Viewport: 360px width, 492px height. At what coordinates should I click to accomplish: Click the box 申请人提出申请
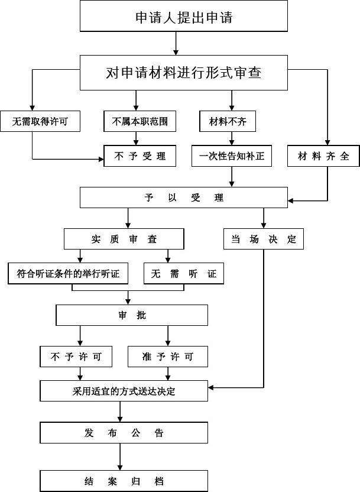tap(183, 17)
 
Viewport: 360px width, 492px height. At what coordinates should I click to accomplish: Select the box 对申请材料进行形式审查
tap(183, 73)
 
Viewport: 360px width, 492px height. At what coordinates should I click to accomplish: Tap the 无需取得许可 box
tap(40, 122)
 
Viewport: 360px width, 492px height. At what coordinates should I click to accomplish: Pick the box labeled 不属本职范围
tap(140, 122)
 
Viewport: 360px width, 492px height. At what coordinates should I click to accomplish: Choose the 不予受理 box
tap(140, 156)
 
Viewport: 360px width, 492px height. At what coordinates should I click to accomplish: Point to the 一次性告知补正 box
tap(232, 156)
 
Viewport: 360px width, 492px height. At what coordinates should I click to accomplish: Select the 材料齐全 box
tap(323, 156)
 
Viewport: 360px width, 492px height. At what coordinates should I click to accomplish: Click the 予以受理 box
tap(183, 198)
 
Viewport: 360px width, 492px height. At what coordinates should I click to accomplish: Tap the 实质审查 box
tap(124, 239)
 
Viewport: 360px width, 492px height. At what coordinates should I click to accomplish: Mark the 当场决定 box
tap(264, 239)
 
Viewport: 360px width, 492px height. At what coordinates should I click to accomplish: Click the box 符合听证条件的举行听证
tap(69, 273)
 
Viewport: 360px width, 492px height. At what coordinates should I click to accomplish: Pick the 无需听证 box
tap(184, 273)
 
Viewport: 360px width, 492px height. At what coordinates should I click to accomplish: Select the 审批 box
tap(132, 315)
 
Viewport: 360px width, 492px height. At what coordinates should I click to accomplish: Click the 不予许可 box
tap(80, 356)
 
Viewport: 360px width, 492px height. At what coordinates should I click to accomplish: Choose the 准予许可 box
tap(168, 356)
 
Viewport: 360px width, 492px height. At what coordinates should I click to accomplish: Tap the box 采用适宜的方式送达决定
tap(124, 391)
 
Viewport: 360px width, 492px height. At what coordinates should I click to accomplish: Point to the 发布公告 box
tap(124, 433)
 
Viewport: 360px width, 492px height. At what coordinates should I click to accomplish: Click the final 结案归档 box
tap(124, 480)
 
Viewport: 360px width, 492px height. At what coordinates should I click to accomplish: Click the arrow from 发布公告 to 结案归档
tap(121, 457)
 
